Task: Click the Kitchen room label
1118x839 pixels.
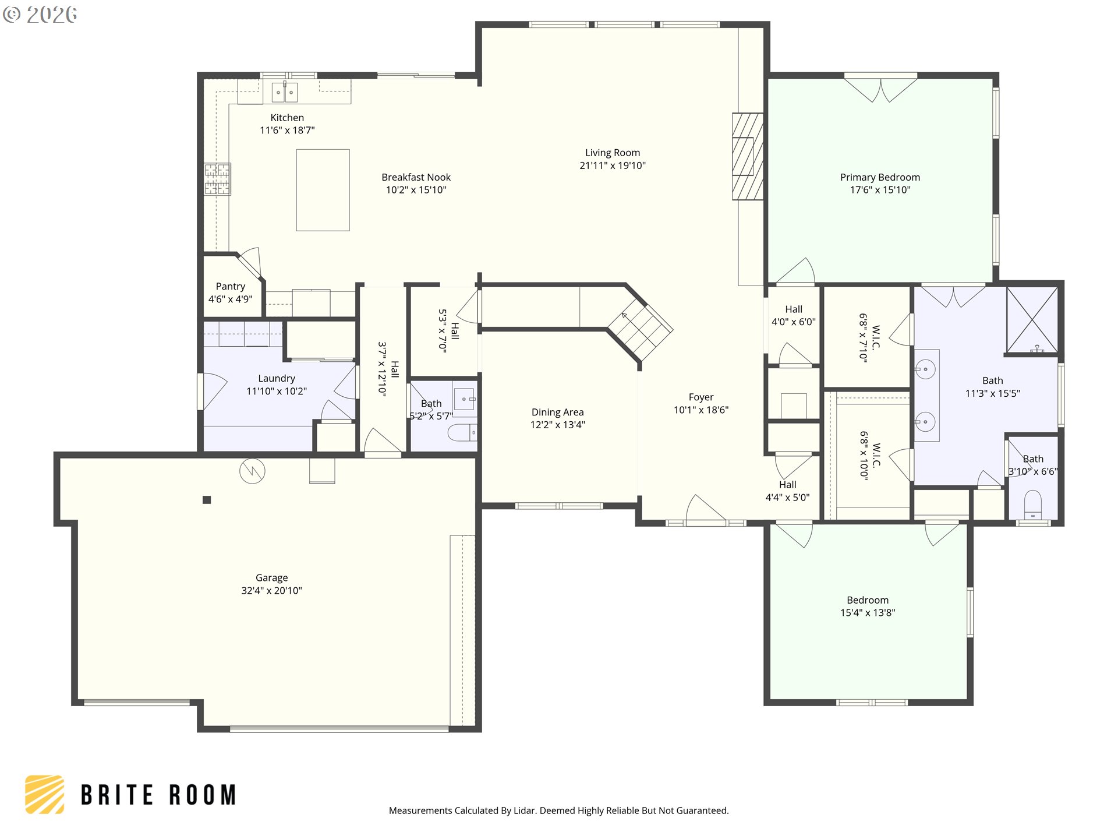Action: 287,118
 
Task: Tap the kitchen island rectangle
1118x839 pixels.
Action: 323,190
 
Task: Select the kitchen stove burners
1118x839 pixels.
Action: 217,179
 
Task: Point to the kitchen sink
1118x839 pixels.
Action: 285,92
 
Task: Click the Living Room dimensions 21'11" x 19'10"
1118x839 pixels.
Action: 613,165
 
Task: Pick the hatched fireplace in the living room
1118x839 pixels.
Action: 748,156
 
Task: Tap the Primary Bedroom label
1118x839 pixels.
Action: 880,177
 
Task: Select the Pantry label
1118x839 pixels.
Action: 231,286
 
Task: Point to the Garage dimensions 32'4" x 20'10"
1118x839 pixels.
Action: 272,590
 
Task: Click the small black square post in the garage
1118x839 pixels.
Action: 207,499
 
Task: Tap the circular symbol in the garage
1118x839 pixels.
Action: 252,471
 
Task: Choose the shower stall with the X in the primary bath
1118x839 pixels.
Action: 1032,320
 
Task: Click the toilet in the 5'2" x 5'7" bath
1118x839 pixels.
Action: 462,433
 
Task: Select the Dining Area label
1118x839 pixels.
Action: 557,412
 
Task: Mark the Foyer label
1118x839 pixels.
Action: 701,397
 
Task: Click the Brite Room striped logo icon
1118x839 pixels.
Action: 44,794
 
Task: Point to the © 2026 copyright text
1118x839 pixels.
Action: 40,15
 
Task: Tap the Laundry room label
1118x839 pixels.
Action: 277,378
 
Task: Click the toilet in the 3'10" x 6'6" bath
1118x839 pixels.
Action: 1032,505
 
